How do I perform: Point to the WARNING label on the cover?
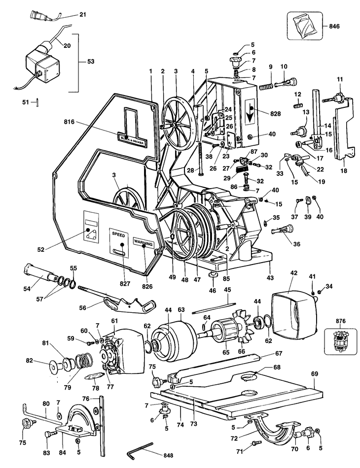coord(144,243)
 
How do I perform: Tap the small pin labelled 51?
coord(38,102)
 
